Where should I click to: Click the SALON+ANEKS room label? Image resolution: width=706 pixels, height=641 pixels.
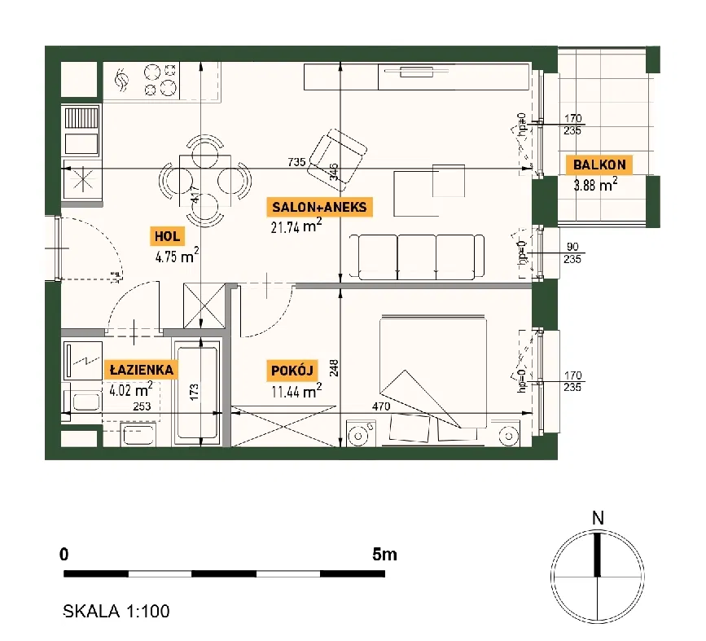coord(319,207)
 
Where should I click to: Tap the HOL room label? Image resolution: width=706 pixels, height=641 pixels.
coord(167,236)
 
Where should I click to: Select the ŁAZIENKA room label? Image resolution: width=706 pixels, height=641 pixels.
coord(142,370)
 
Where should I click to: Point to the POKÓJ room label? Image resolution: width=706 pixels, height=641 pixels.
coord(292,371)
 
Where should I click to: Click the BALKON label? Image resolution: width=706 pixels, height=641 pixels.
coord(599,165)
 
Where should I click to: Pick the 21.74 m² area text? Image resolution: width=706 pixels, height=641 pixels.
coord(296,226)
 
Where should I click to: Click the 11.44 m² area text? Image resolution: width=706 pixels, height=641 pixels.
coord(296,390)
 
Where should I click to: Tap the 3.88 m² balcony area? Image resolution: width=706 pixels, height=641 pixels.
coord(595,184)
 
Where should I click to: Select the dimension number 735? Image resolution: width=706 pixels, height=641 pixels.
coord(296,162)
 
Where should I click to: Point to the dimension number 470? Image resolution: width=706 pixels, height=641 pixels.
coord(381,406)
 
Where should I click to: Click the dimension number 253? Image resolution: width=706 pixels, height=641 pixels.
coord(142,406)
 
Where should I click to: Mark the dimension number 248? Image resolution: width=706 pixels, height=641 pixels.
coord(334,368)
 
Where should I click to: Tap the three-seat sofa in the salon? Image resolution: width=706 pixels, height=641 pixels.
coord(417,257)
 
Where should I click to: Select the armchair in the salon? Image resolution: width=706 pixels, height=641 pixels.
coord(337,156)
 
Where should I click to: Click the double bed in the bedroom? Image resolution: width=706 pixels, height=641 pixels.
coord(432,371)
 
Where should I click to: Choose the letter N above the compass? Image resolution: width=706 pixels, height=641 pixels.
coord(598,519)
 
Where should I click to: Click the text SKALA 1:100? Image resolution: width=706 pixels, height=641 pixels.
coord(116,611)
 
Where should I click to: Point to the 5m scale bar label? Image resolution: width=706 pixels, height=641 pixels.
coord(384,554)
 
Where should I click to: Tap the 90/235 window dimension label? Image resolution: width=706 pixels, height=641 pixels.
coord(572,252)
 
